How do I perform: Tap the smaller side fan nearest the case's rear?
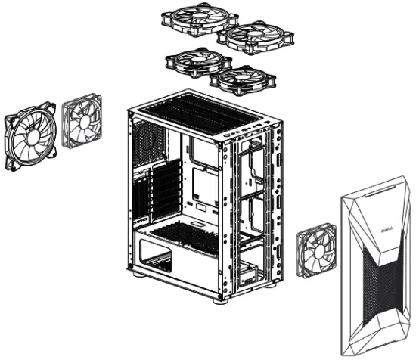[82, 122]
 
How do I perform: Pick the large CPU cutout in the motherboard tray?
[203, 182]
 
